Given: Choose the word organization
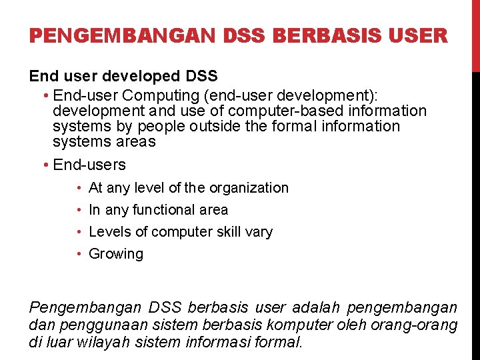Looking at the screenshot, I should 249,188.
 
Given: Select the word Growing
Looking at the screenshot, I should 116,254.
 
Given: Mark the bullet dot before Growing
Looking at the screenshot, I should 79,254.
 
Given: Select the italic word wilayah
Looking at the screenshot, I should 101,343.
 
